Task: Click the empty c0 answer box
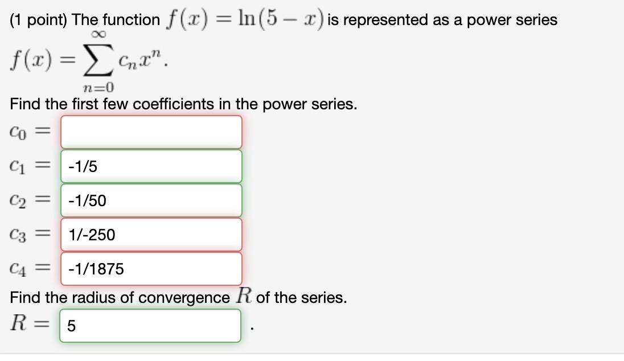(x=151, y=132)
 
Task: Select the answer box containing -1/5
(x=151, y=166)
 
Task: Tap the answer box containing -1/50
(x=151, y=200)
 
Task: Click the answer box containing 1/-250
(x=151, y=235)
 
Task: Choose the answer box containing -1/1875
(x=151, y=269)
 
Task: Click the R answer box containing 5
(x=150, y=326)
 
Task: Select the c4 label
(x=18, y=269)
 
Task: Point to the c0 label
(x=18, y=132)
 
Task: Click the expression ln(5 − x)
(x=276, y=19)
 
